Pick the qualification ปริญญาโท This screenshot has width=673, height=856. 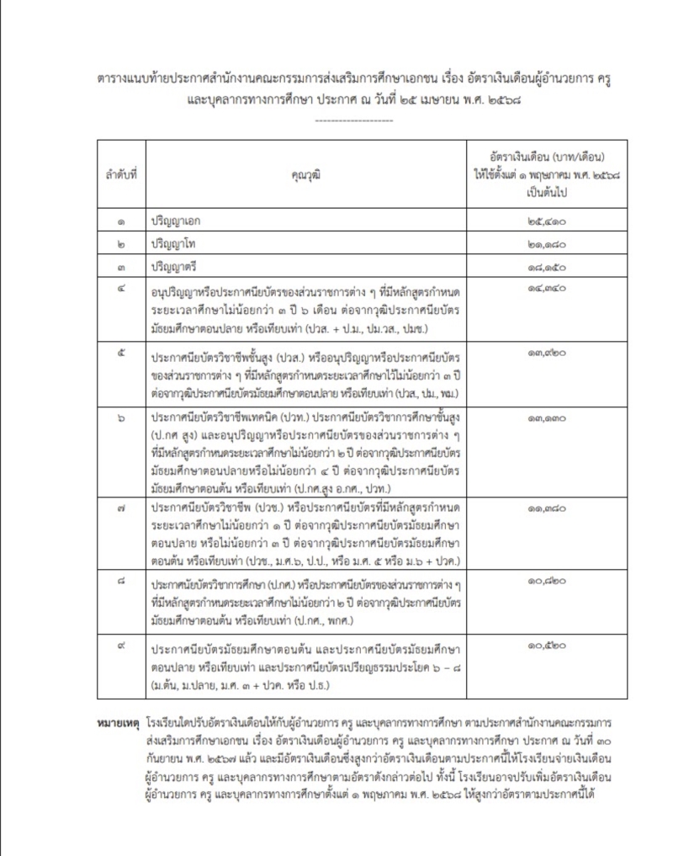tap(176, 244)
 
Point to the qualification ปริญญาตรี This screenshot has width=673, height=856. tap(176, 267)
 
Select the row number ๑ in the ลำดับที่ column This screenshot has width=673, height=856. tap(122, 221)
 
